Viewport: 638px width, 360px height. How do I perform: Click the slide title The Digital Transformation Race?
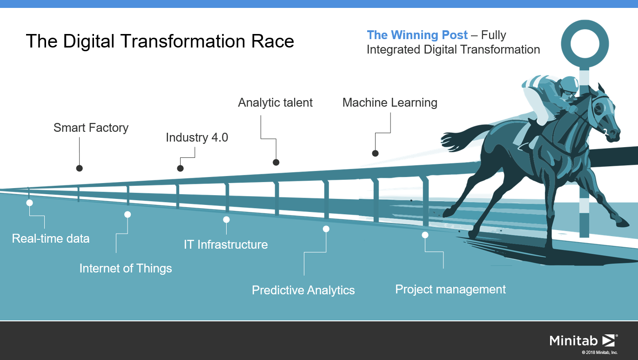click(x=160, y=41)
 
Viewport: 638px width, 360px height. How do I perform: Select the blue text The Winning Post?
click(x=417, y=35)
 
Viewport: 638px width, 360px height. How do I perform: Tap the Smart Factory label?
click(x=91, y=128)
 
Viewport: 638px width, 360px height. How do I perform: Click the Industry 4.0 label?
click(x=197, y=137)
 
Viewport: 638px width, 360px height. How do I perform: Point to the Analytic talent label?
click(x=275, y=102)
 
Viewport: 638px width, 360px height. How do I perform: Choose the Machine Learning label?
click(x=390, y=102)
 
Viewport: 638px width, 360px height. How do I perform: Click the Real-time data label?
click(x=51, y=238)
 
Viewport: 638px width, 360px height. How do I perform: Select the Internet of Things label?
click(x=126, y=268)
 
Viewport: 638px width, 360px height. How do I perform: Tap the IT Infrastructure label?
click(x=226, y=245)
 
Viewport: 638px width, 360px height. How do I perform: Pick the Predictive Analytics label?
click(x=303, y=290)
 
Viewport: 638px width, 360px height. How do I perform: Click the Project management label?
click(x=450, y=289)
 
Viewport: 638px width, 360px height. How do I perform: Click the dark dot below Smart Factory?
click(x=80, y=168)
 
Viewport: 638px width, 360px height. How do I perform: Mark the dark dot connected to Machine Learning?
click(x=375, y=153)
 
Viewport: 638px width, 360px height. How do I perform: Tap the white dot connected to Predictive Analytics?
click(x=326, y=229)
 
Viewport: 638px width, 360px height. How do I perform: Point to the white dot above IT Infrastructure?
click(x=226, y=219)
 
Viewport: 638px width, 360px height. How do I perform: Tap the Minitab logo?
click(x=583, y=340)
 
